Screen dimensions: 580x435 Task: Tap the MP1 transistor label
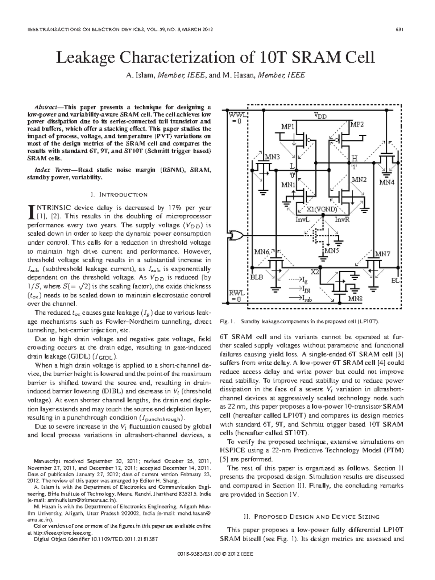[x=288, y=127]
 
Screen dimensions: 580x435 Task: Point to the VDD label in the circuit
[x=320, y=116]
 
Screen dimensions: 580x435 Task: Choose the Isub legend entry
[x=306, y=299]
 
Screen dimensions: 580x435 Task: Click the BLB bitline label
[x=257, y=277]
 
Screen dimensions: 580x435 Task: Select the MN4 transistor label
[x=387, y=182]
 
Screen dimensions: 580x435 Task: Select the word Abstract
[x=46, y=107]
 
